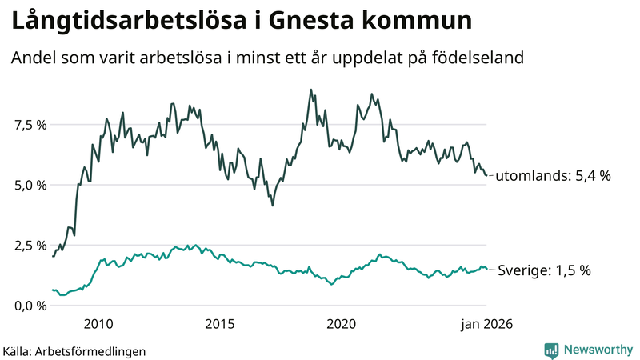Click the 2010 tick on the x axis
(98, 324)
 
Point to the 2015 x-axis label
(219, 324)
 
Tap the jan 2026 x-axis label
(485, 324)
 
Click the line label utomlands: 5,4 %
(553, 176)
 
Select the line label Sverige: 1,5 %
(544, 270)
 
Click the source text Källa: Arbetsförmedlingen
(74, 350)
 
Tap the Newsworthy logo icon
(551, 350)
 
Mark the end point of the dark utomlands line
(486, 176)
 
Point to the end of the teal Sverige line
(486, 269)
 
